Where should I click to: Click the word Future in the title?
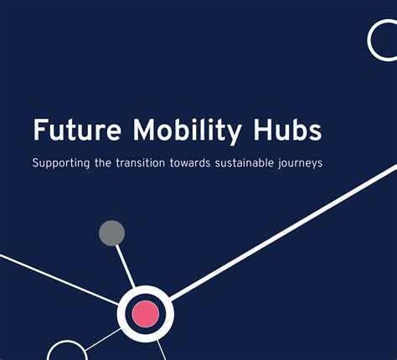74,132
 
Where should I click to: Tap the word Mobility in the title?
177,132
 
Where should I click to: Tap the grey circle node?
111,233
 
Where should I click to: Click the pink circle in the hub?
144,314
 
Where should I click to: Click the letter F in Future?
40,132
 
